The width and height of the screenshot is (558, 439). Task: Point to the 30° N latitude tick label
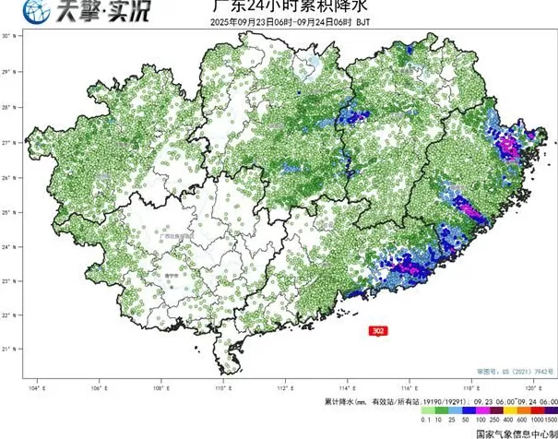coord(7,35)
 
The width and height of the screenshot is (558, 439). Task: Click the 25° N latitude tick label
coord(7,212)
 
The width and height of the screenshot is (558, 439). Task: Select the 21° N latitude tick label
coord(7,349)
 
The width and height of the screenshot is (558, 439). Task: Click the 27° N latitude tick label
coord(7,144)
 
